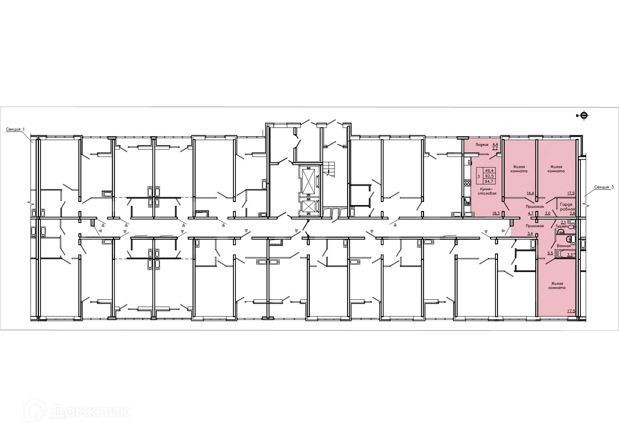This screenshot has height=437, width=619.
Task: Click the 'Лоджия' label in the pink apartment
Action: click(x=482, y=144)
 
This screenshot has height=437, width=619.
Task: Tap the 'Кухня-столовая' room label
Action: click(x=488, y=191)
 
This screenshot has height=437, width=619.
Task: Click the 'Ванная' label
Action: click(x=564, y=246)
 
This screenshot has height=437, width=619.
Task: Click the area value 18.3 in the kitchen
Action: click(x=496, y=213)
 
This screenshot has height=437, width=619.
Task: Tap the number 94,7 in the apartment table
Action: click(x=489, y=181)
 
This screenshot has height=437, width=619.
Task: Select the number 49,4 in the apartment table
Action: click(x=489, y=170)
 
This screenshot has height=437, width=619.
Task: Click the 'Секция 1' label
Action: click(x=16, y=129)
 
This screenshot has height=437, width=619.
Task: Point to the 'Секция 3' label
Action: click(x=604, y=187)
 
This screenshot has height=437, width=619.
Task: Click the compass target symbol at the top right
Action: click(x=583, y=115)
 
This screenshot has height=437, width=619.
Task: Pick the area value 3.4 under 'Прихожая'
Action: click(x=530, y=234)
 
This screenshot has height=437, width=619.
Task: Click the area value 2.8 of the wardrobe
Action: click(x=572, y=213)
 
